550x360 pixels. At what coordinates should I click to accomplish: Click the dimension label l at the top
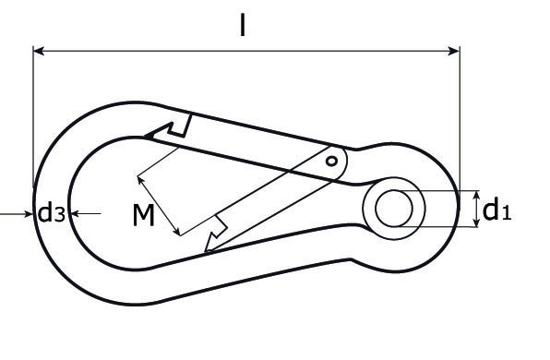click(243, 25)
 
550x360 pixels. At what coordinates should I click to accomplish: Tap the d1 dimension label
click(496, 210)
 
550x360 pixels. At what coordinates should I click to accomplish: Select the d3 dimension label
click(51, 212)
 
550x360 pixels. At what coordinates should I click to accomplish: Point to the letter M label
click(144, 215)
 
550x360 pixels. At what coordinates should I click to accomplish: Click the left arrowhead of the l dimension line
click(38, 51)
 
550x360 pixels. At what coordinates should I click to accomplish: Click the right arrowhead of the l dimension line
click(454, 51)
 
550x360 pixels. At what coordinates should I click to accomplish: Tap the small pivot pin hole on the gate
click(331, 162)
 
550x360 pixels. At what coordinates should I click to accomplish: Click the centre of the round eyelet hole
click(394, 209)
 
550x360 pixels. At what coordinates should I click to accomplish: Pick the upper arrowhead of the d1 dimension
click(476, 195)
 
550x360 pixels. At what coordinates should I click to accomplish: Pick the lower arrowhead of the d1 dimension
click(476, 222)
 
